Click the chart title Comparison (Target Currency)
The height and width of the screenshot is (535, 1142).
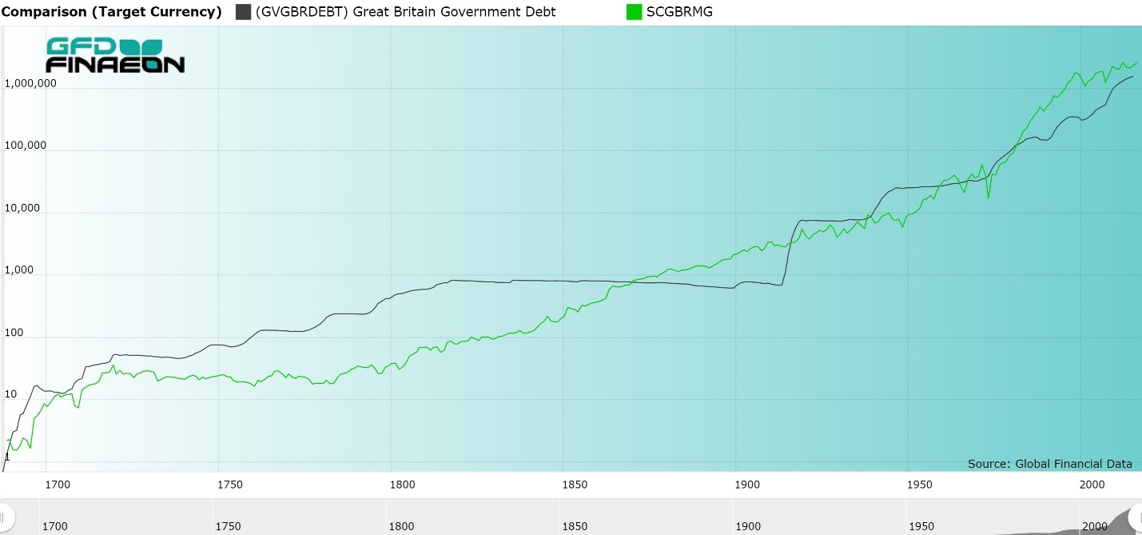pyautogui.click(x=111, y=12)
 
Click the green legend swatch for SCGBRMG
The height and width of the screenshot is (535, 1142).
pyautogui.click(x=634, y=12)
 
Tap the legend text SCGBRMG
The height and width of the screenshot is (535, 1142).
pyautogui.click(x=679, y=12)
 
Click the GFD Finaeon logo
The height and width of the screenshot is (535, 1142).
pyautogui.click(x=115, y=55)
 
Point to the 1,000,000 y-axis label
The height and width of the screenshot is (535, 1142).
pyautogui.click(x=30, y=84)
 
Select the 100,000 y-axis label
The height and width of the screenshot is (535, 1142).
pyautogui.click(x=27, y=146)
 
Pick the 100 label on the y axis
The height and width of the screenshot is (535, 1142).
pyautogui.click(x=15, y=333)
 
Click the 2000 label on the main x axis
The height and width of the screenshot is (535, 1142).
pyautogui.click(x=1092, y=484)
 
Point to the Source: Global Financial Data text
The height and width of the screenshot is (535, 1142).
pyautogui.click(x=1049, y=464)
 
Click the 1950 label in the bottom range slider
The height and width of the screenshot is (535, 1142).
pyautogui.click(x=921, y=525)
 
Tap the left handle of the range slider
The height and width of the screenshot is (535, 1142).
pyautogui.click(x=6, y=516)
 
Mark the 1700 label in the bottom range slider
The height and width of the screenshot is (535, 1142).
pyautogui.click(x=54, y=525)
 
